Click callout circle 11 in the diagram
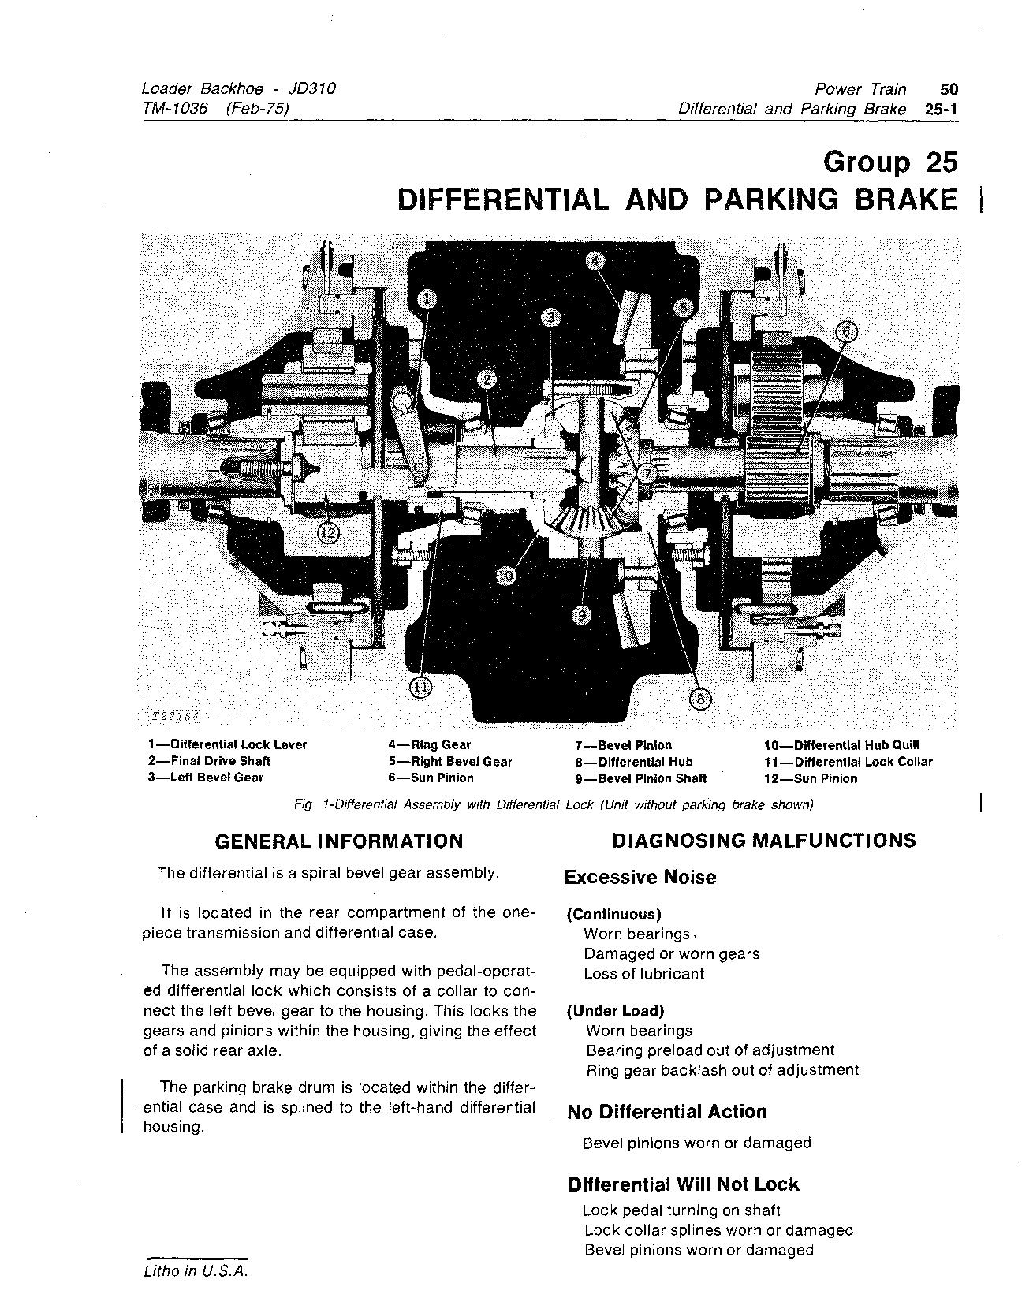click(x=420, y=688)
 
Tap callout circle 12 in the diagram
click(x=330, y=533)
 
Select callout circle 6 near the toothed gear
click(x=844, y=331)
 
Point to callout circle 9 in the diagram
click(x=582, y=615)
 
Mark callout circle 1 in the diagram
click(x=427, y=298)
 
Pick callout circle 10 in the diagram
click(x=506, y=576)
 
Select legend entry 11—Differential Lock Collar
click(x=848, y=762)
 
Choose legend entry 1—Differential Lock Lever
click(x=227, y=744)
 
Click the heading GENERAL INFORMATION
click(x=339, y=841)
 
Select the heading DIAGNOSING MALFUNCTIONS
click(x=763, y=840)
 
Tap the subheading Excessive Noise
click(x=640, y=878)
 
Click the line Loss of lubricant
click(x=643, y=974)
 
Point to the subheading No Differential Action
click(x=667, y=1112)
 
